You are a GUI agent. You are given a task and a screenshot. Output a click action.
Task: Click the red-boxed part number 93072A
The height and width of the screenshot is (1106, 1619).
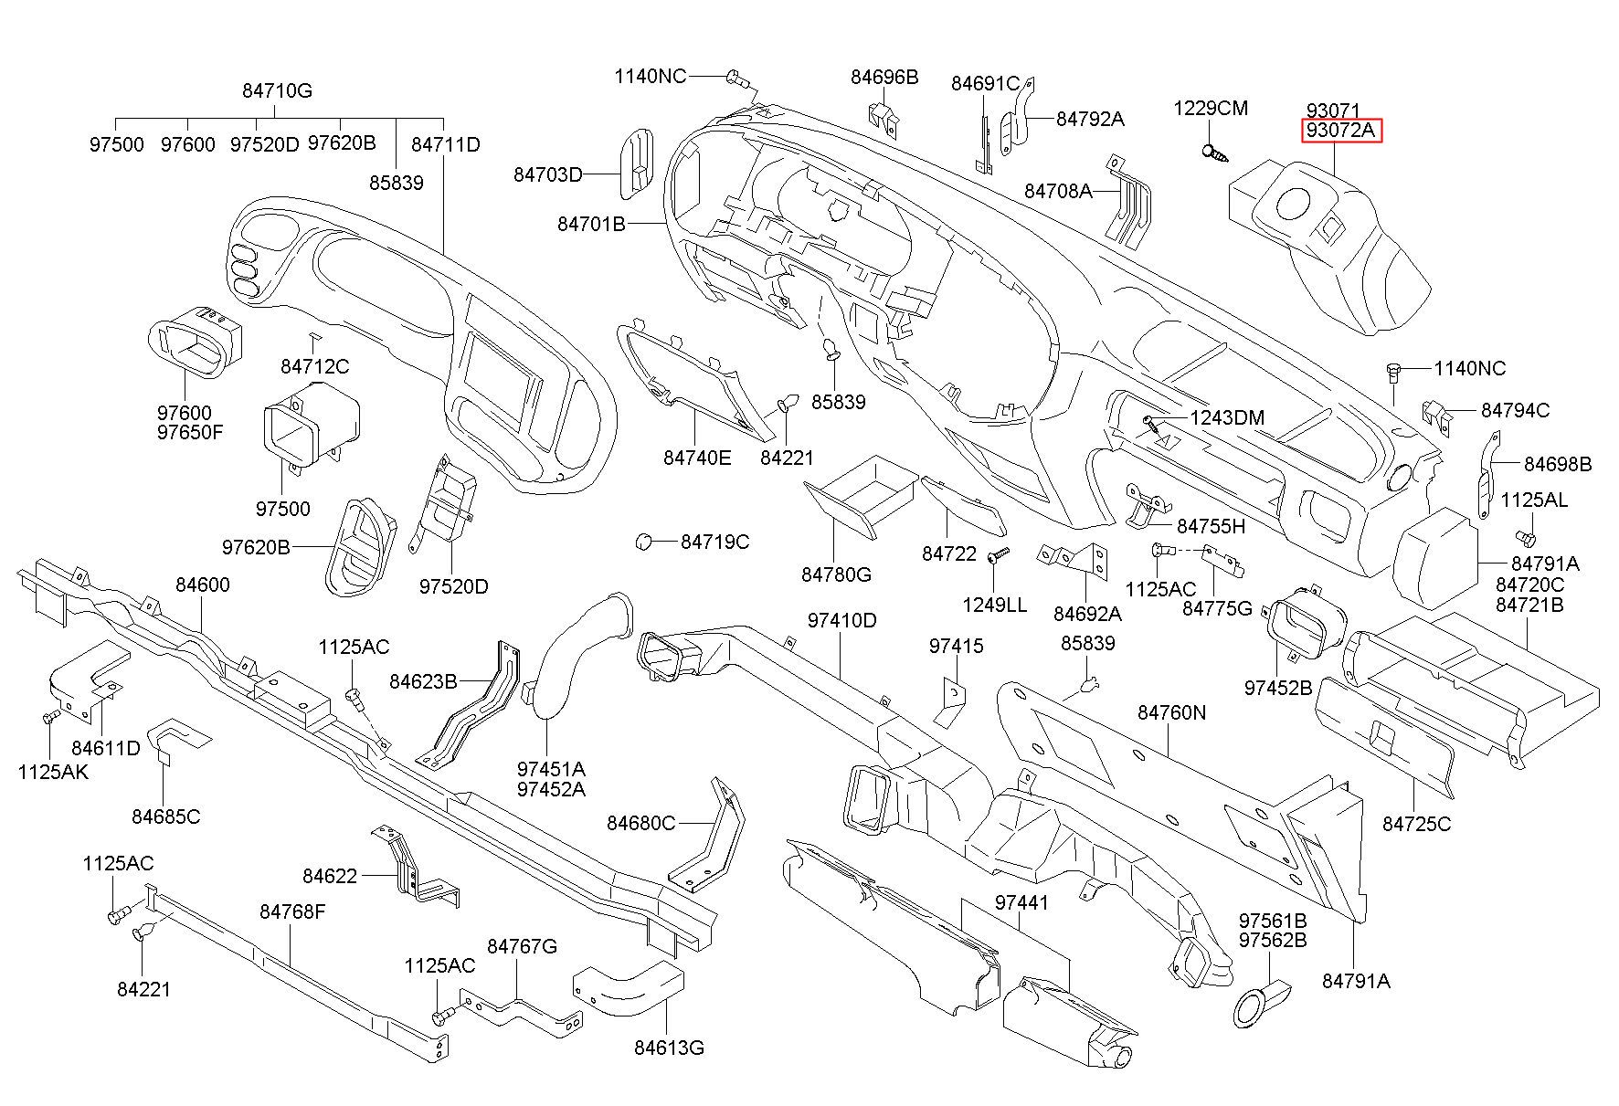[x=1340, y=131]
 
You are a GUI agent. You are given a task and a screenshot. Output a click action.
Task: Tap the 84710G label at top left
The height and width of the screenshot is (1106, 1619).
[x=278, y=90]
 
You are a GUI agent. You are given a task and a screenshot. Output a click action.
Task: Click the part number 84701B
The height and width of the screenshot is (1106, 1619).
[x=591, y=223]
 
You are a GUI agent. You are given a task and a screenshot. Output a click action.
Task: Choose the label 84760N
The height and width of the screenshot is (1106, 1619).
[x=1172, y=711]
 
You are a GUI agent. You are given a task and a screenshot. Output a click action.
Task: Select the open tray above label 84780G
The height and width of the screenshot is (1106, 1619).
[x=861, y=498]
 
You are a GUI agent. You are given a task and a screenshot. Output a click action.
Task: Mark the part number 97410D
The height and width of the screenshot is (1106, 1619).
[x=841, y=621]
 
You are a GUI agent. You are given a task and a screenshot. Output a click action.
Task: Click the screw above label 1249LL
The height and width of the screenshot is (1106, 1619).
[x=999, y=554]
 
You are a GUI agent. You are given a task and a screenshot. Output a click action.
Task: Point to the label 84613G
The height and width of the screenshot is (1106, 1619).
[x=669, y=1048]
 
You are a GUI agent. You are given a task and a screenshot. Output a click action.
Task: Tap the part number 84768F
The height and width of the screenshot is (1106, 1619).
[x=292, y=911]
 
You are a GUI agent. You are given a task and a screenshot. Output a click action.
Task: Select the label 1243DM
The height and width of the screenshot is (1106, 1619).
[x=1227, y=418]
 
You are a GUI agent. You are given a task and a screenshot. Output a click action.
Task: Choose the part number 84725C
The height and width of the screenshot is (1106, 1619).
[x=1416, y=824]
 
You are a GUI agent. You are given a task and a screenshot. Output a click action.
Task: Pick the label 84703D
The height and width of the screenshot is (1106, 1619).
[x=547, y=174]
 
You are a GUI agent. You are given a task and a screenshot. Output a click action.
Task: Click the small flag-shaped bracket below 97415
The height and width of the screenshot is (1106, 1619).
[x=950, y=700]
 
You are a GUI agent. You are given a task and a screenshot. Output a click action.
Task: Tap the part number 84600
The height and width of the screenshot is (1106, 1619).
[x=203, y=585]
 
